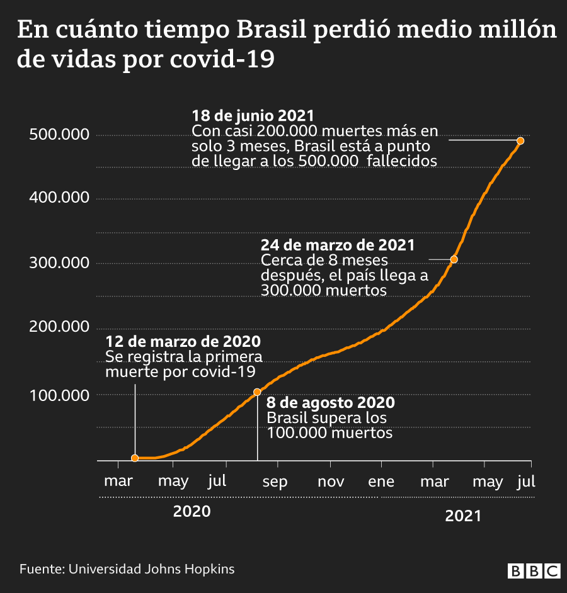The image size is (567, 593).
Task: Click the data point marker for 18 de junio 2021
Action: (x=520, y=141)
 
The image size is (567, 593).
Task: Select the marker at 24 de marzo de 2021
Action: (x=454, y=259)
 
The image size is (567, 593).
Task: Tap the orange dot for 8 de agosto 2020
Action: (x=257, y=392)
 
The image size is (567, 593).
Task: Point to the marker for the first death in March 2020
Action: (x=135, y=458)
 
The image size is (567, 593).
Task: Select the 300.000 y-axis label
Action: (x=59, y=263)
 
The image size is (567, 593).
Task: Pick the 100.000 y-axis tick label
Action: (x=59, y=395)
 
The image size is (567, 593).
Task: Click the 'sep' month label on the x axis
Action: (x=275, y=482)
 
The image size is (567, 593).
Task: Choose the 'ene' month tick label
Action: (x=381, y=482)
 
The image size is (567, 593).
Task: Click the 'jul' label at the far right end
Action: (x=526, y=482)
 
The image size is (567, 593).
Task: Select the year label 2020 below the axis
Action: (x=192, y=511)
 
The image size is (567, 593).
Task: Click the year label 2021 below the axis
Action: (x=463, y=516)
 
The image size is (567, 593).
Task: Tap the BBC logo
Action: (x=534, y=570)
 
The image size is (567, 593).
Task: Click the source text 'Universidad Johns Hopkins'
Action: (x=151, y=569)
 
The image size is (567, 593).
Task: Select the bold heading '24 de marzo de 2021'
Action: (x=338, y=246)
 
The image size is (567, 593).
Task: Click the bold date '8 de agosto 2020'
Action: (x=331, y=403)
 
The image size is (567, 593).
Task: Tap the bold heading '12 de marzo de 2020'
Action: (x=183, y=342)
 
